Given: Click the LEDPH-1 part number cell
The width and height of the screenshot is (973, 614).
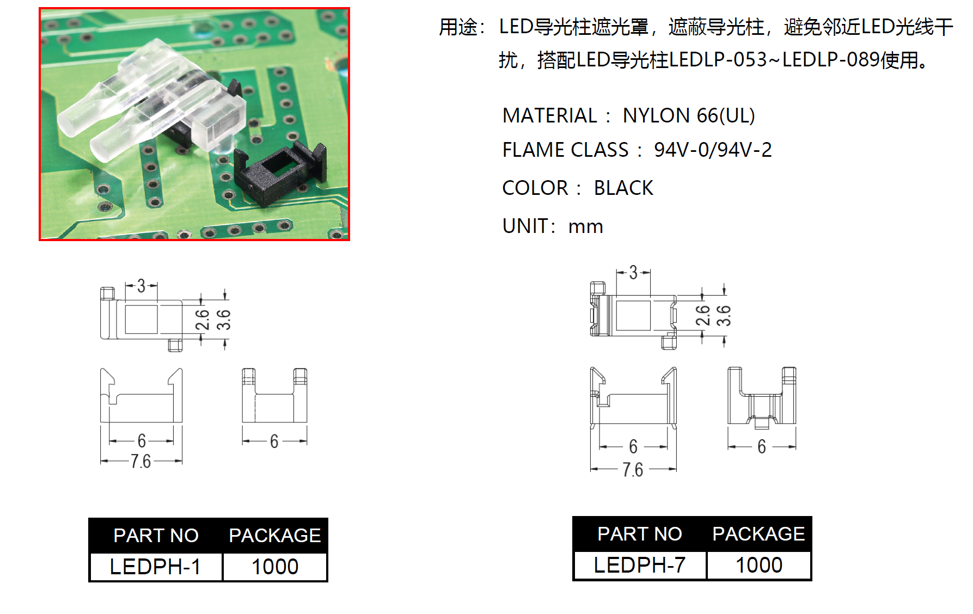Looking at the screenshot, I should pyautogui.click(x=155, y=567).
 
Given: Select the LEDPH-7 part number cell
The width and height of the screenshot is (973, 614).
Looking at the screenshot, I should pyautogui.click(x=639, y=565).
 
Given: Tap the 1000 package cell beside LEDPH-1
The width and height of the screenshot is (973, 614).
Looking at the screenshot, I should pyautogui.click(x=275, y=567).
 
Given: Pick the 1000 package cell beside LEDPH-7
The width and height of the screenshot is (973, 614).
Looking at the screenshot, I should pyautogui.click(x=759, y=565).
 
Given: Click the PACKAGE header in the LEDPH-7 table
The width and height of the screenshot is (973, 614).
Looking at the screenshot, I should pyautogui.click(x=758, y=534).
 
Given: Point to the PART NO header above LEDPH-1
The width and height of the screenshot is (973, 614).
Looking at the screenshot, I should pyautogui.click(x=156, y=536).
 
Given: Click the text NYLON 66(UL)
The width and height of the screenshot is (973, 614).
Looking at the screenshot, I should pyautogui.click(x=688, y=115).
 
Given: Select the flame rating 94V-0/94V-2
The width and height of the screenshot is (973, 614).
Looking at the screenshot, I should pyautogui.click(x=713, y=150).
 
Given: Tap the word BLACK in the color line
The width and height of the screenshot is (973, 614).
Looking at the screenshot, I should pyautogui.click(x=623, y=188).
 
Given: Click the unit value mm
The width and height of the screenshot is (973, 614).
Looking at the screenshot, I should pyautogui.click(x=585, y=226).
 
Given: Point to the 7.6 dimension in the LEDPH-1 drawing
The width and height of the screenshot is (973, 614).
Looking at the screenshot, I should pyautogui.click(x=140, y=462).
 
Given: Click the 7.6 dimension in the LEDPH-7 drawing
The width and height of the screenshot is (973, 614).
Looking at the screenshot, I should pyautogui.click(x=633, y=469).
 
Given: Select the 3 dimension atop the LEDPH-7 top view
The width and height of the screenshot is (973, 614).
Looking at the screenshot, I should pyautogui.click(x=633, y=272).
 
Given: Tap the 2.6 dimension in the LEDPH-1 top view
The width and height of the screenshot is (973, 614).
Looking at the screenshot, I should pyautogui.click(x=203, y=320).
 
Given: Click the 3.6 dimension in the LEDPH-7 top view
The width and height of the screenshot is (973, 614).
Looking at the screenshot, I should pyautogui.click(x=724, y=316).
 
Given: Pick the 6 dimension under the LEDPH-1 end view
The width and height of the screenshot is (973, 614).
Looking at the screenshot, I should pyautogui.click(x=274, y=441).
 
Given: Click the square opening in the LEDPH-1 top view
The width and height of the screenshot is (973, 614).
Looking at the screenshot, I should pyautogui.click(x=142, y=319).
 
